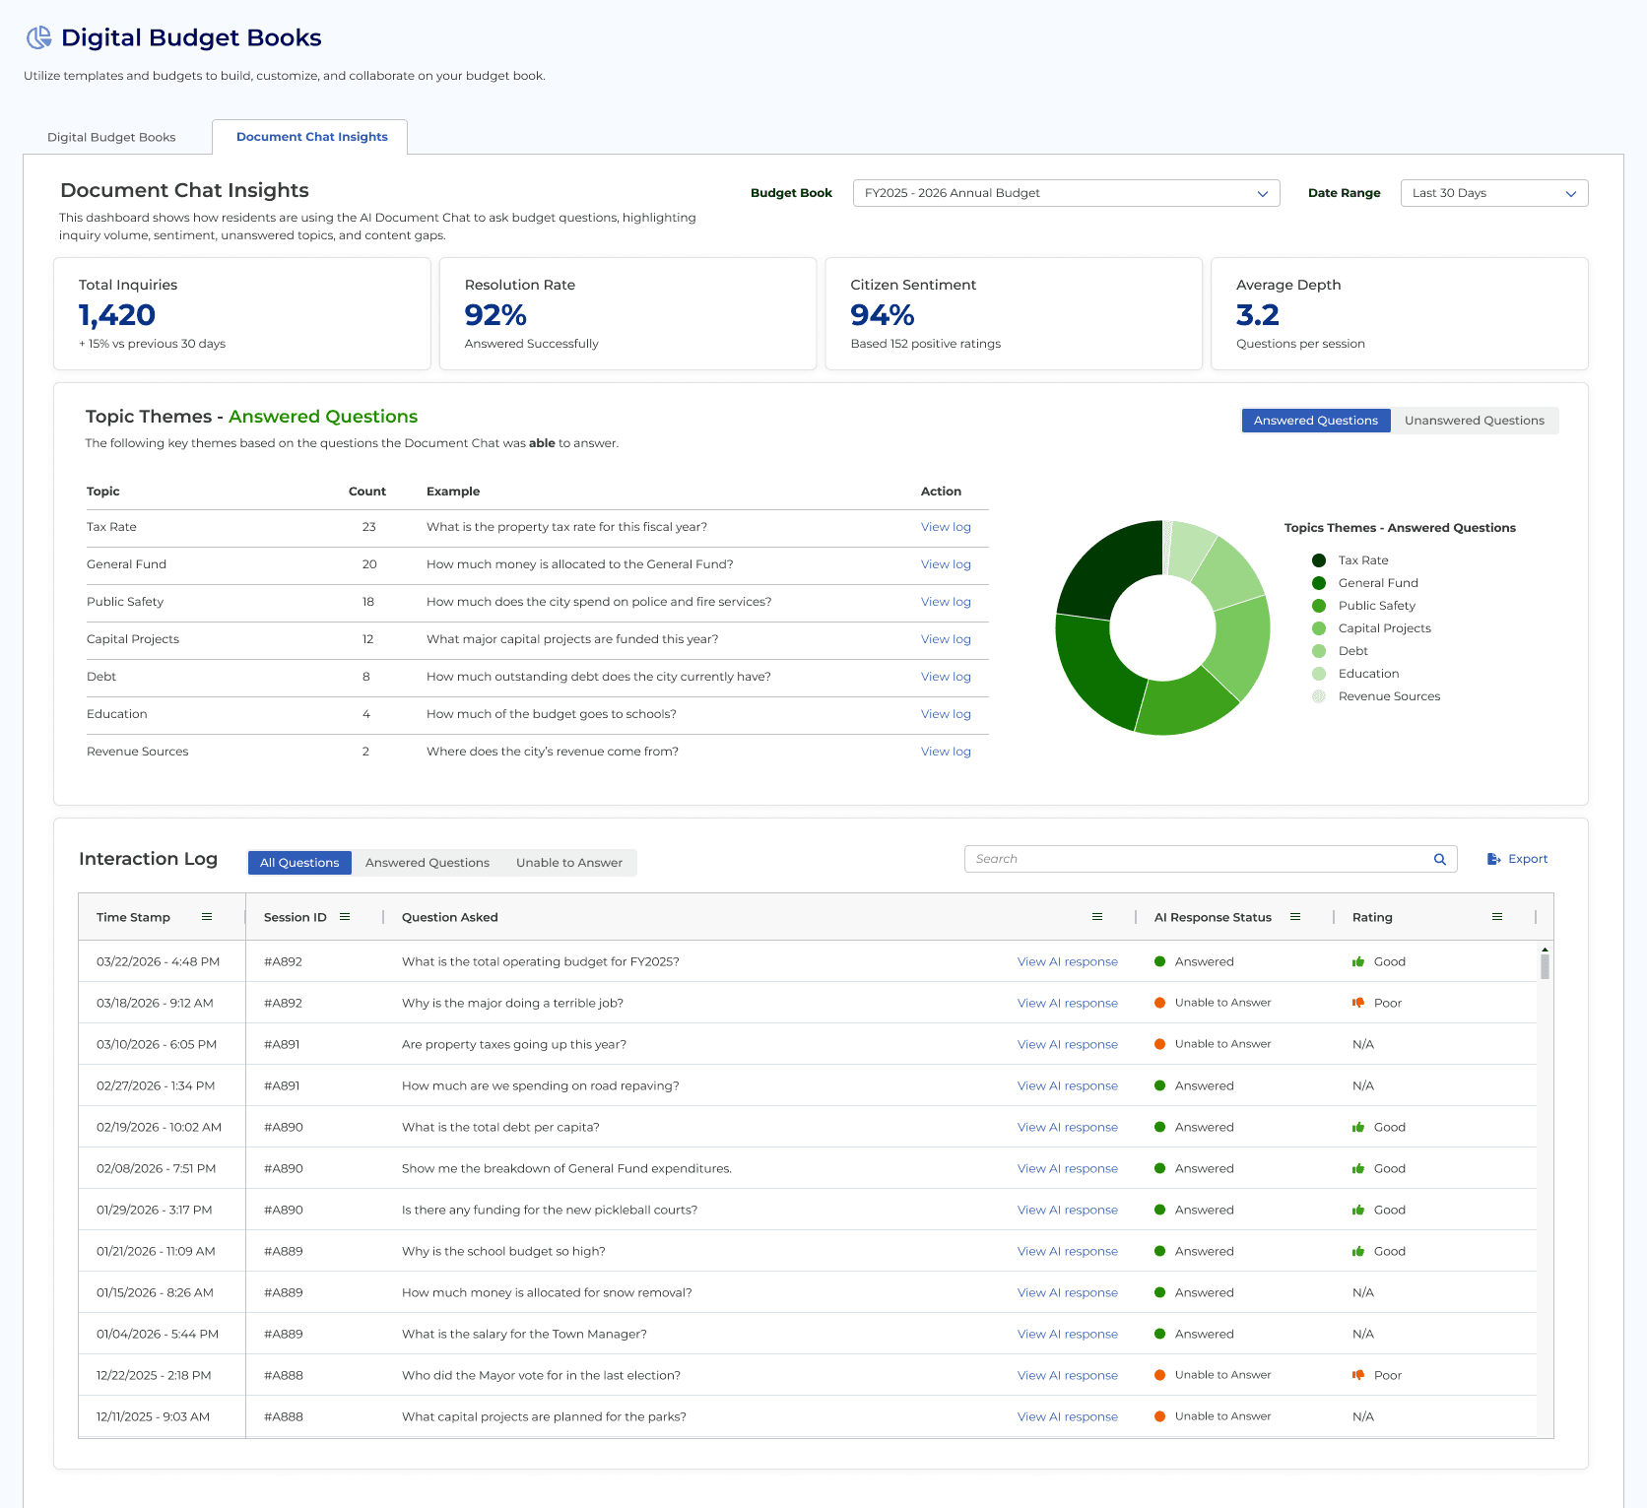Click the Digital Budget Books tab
pyautogui.click(x=111, y=137)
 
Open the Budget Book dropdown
pyautogui.click(x=1066, y=193)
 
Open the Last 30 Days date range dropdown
pyautogui.click(x=1493, y=193)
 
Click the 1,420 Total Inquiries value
pyautogui.click(x=117, y=315)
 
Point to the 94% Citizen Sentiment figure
pyautogui.click(x=882, y=315)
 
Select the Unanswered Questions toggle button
pyautogui.click(x=1474, y=421)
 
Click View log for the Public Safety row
pyautogui.click(x=946, y=602)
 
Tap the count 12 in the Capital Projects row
pyautogui.click(x=367, y=639)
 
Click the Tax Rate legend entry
pyautogui.click(x=1362, y=560)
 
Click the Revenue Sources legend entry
pyautogui.click(x=1388, y=696)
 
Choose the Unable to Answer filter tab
pyautogui.click(x=568, y=863)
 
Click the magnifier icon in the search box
pyautogui.click(x=1439, y=859)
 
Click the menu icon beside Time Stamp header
pyautogui.click(x=207, y=917)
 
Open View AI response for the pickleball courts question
pyautogui.click(x=1067, y=1211)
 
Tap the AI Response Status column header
pyautogui.click(x=1213, y=917)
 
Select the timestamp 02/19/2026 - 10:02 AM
pyautogui.click(x=159, y=1128)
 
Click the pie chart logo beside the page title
pyautogui.click(x=39, y=37)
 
